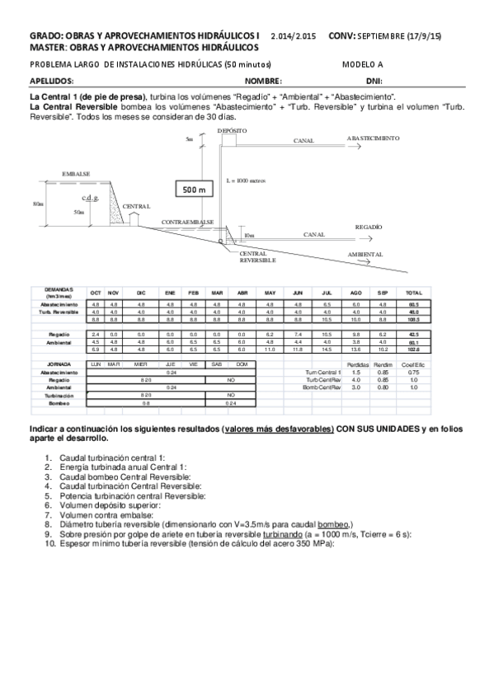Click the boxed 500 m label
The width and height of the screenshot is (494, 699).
[x=193, y=189]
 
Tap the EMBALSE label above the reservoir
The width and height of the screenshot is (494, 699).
[x=75, y=174]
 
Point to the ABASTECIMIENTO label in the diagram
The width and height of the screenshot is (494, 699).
[x=373, y=138]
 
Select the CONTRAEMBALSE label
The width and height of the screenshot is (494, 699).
[x=188, y=223]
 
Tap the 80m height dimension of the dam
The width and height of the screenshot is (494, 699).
[x=38, y=203]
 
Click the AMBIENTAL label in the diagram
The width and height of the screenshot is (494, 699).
[x=365, y=254]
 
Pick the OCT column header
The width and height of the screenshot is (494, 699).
[x=96, y=293]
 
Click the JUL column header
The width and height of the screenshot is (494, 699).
[x=327, y=293]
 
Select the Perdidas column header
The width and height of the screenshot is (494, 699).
[x=356, y=364]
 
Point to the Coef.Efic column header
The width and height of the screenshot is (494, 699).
[x=413, y=364]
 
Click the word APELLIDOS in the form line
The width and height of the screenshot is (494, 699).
[x=52, y=82]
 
